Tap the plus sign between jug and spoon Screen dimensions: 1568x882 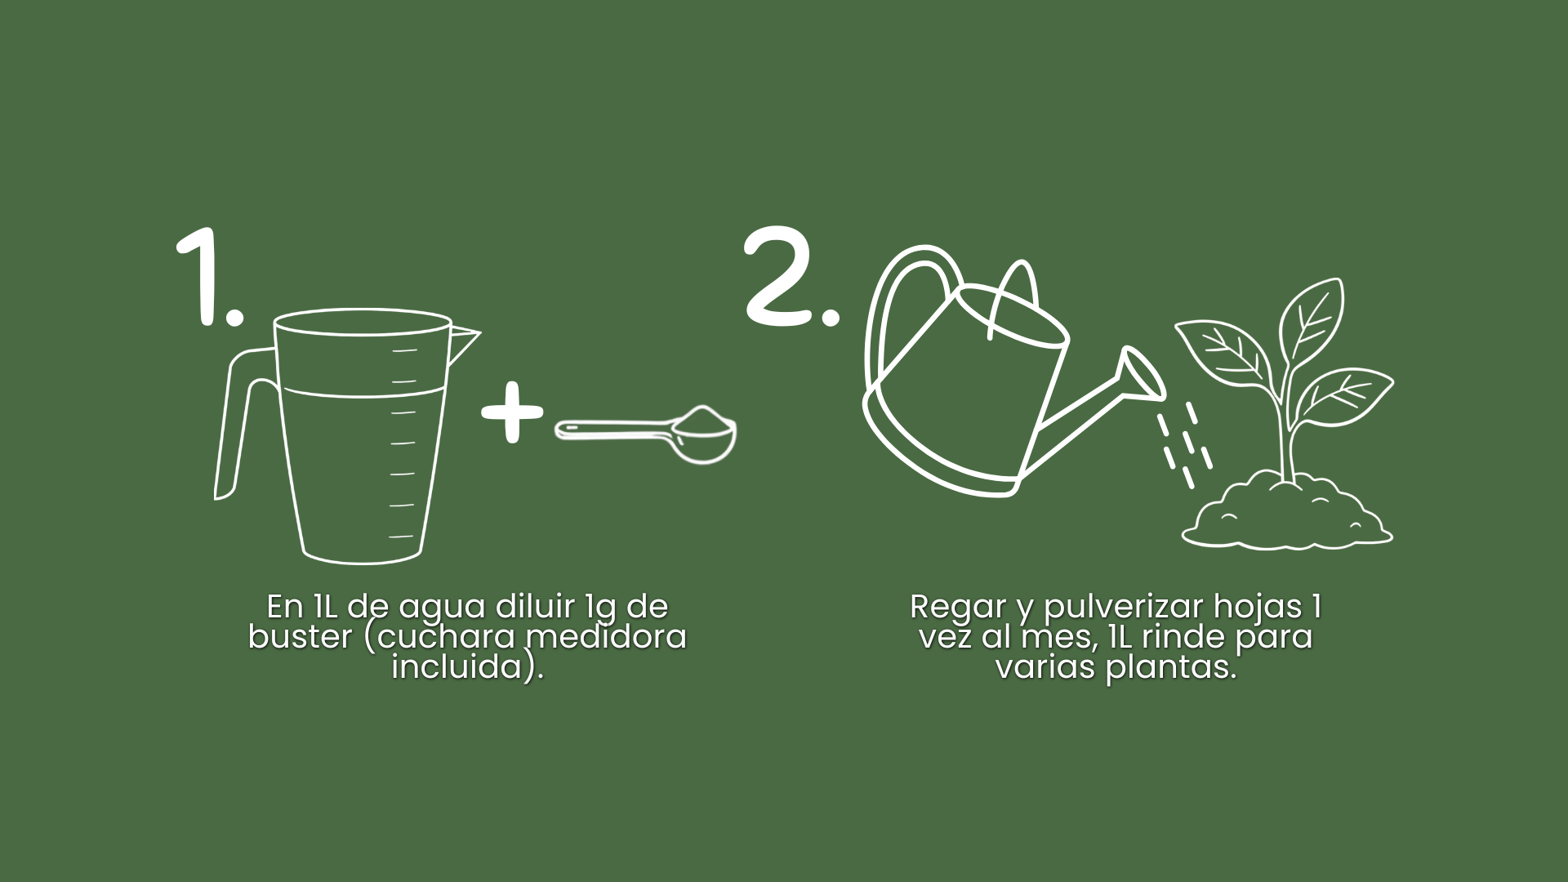point(512,411)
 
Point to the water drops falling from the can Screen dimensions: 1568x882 point(1184,445)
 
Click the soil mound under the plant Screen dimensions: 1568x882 point(1287,511)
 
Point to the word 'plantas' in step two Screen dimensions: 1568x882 point(1171,668)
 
